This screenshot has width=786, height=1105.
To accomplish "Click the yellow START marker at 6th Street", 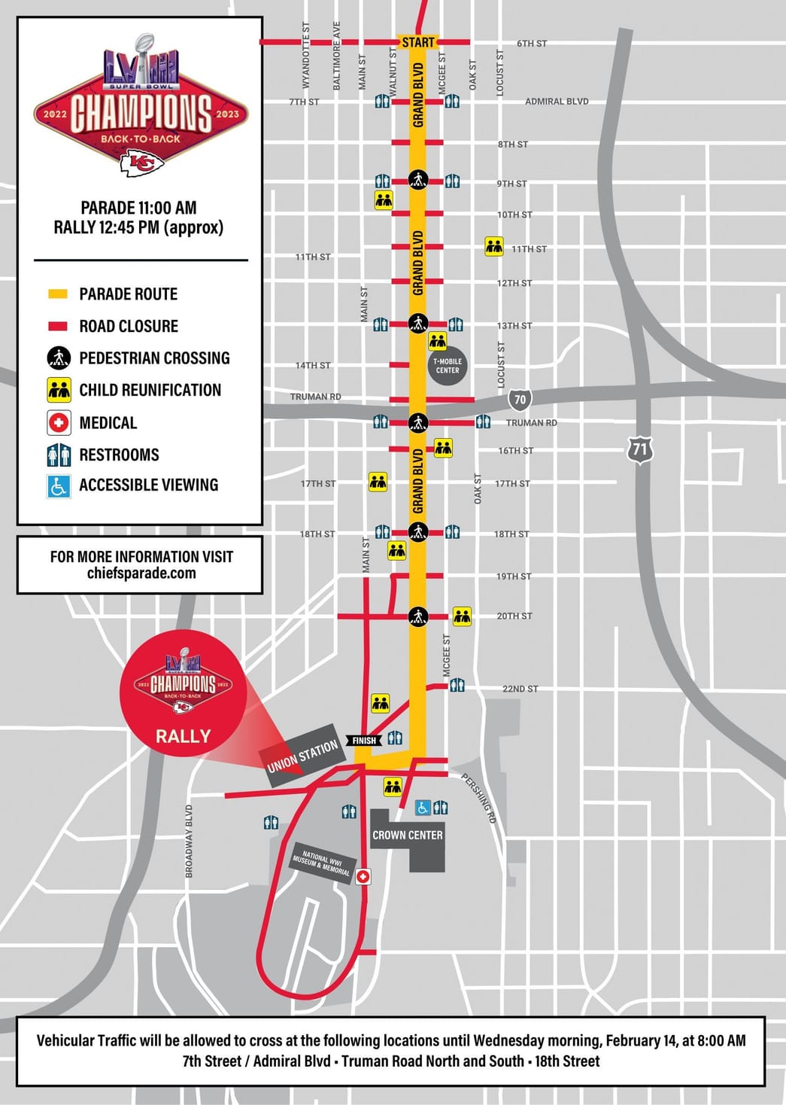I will [418, 43].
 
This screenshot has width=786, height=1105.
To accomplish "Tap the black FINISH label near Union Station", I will [364, 741].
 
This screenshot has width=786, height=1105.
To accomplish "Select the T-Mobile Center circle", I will [448, 366].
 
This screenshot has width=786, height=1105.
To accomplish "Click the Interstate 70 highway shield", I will [520, 400].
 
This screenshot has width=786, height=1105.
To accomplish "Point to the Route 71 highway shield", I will [639, 450].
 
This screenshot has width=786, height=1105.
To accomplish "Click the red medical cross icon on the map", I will [363, 877].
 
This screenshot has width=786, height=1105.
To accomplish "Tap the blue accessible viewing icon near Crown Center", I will [423, 808].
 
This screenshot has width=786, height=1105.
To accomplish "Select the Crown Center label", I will [408, 835].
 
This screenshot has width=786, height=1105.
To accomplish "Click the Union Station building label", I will [302, 756].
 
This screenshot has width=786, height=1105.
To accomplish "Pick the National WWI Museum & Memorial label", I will [321, 863].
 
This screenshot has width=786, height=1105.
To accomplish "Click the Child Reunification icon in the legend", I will [59, 390].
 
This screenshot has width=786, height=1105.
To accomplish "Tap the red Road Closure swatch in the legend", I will [58, 326].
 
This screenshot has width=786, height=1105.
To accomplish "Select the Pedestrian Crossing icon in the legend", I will [59, 358].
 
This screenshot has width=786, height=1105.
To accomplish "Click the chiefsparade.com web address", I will [141, 574].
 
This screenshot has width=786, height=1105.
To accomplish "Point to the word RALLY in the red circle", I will [183, 736].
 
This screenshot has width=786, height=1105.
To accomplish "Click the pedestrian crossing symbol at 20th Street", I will [418, 616].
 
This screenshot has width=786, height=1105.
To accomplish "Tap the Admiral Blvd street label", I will [557, 102].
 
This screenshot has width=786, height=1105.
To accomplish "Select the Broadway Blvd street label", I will [190, 841].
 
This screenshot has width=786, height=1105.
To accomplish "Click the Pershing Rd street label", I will [478, 798].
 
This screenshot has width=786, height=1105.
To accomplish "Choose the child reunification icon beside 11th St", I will [494, 246].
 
